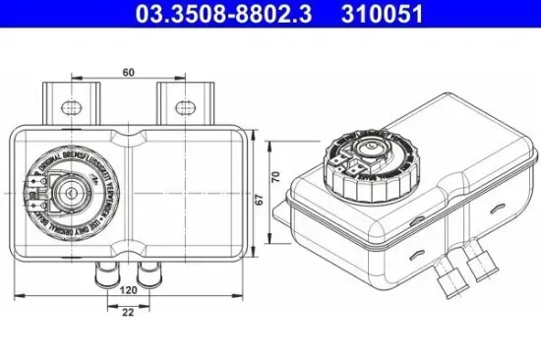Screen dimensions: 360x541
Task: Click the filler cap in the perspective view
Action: pyautogui.click(x=365, y=160)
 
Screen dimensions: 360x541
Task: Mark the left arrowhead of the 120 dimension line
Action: pyautogui.click(x=22, y=294)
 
